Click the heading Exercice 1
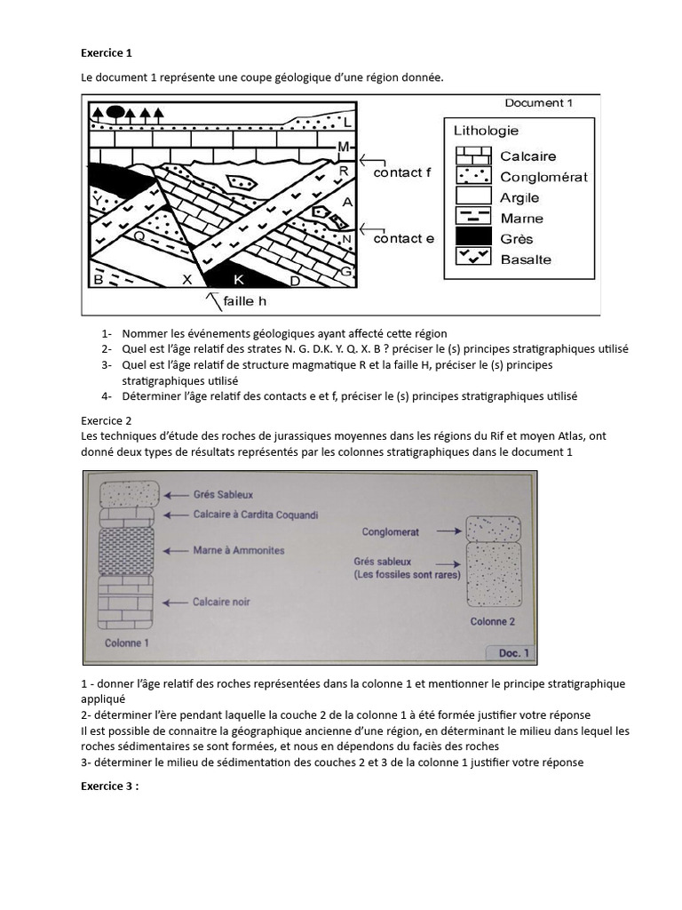pyautogui.click(x=106, y=52)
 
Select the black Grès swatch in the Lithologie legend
pyautogui.click(x=472, y=237)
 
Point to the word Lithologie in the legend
pyautogui.click(x=486, y=131)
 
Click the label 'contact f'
pyautogui.click(x=402, y=172)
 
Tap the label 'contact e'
pyautogui.click(x=403, y=238)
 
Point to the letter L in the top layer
pyautogui.click(x=347, y=123)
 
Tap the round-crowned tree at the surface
pyautogui.click(x=115, y=112)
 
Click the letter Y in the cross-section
pyautogui.click(x=96, y=202)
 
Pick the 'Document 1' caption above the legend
pyautogui.click(x=538, y=103)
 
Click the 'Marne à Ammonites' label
pyautogui.click(x=238, y=551)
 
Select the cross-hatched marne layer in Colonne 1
pyautogui.click(x=126, y=551)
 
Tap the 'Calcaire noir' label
pyautogui.click(x=221, y=603)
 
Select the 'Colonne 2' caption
pyautogui.click(x=492, y=622)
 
